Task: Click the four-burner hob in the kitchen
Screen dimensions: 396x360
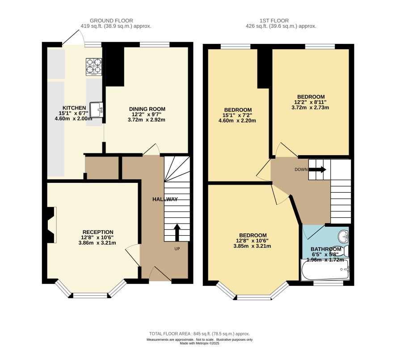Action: (x=94, y=67)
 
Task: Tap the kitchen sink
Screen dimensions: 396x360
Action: (x=97, y=110)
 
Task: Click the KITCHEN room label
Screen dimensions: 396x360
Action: (x=74, y=108)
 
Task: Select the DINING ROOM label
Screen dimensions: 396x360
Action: (x=147, y=109)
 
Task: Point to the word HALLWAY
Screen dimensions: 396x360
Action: (x=165, y=199)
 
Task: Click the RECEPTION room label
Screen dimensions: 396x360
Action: (x=98, y=232)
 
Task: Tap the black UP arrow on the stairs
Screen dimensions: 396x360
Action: (x=177, y=233)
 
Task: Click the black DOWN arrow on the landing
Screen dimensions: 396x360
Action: (x=317, y=169)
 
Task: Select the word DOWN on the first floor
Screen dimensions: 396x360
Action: (x=301, y=169)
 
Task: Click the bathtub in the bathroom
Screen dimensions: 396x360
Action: (x=325, y=270)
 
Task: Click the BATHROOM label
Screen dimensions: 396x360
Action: (x=326, y=249)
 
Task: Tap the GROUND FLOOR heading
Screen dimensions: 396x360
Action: (x=111, y=21)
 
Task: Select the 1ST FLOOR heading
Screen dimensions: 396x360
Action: (x=274, y=21)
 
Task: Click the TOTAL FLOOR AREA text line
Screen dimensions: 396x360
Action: (x=199, y=334)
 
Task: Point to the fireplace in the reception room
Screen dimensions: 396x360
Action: (x=51, y=225)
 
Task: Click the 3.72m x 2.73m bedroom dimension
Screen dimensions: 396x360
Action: (x=310, y=107)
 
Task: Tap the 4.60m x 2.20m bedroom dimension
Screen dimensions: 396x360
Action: (x=237, y=120)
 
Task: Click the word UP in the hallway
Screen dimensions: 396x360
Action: (x=177, y=249)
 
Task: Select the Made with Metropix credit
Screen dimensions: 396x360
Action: (x=199, y=343)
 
